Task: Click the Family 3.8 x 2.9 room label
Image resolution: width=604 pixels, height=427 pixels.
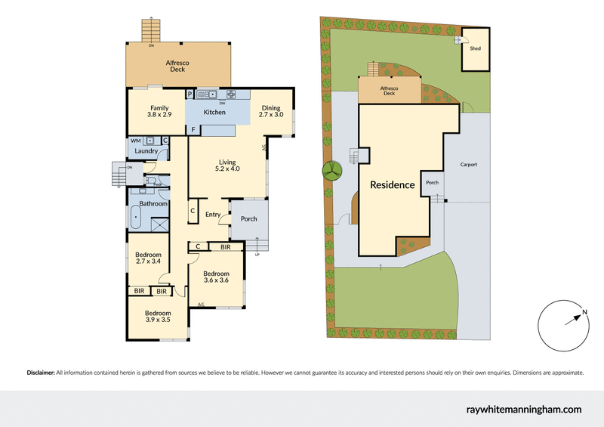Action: point(159,111)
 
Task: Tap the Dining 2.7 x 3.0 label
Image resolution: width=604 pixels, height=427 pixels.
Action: point(270,111)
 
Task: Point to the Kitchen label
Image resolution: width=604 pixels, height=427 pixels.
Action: point(214,113)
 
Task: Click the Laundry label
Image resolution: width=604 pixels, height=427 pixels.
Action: point(146,151)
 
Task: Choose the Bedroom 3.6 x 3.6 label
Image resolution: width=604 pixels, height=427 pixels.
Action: point(216,277)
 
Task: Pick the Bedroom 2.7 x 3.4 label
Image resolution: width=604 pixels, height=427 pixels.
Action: point(147,258)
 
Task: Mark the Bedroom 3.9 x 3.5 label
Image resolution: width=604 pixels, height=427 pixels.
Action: point(158,317)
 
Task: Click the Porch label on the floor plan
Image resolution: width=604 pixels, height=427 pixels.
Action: point(248,219)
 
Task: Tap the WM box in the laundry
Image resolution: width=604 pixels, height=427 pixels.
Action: point(134,141)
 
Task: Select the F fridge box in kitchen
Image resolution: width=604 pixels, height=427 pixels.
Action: point(193,130)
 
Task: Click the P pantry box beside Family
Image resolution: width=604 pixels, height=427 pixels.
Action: point(190,94)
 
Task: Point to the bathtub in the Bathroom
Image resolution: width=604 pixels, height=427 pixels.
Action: point(137,218)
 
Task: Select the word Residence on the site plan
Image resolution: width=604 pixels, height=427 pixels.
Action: point(392,184)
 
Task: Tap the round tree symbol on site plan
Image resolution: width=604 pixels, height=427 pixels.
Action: point(331,171)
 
